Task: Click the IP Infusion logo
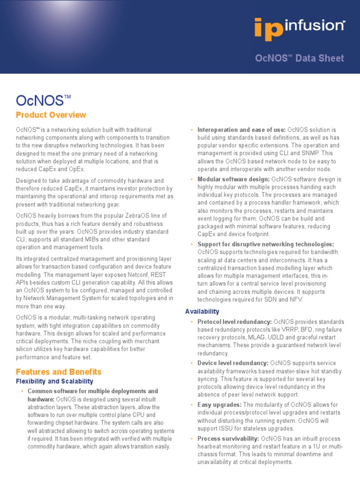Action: [x=299, y=28]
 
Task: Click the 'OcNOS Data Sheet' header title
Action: [x=299, y=58]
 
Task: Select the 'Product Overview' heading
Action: [x=51, y=115]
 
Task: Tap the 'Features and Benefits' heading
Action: [x=59, y=372]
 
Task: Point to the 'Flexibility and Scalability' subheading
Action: [x=54, y=382]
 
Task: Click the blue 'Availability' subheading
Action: [x=202, y=311]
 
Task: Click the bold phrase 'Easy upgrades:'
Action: [x=219, y=405]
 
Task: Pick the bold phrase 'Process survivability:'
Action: [x=228, y=439]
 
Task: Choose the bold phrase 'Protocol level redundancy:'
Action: [x=234, y=322]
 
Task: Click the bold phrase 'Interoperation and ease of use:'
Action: [x=241, y=129]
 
